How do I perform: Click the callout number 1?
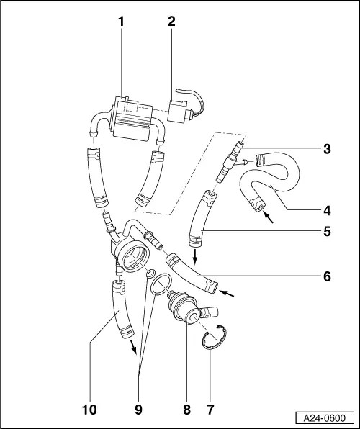[122, 22]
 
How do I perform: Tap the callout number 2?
[171, 22]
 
